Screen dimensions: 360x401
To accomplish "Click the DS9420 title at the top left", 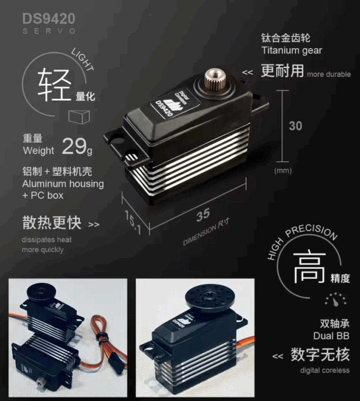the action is (49, 19).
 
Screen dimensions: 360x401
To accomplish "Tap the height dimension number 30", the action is (295, 126).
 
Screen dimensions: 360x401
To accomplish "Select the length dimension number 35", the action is (203, 215).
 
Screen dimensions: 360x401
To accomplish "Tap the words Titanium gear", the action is (292, 51).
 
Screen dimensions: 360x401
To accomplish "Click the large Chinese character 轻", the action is (54, 85).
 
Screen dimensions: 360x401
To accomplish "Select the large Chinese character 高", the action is (309, 267).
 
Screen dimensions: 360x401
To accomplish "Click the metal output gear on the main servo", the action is (214, 79).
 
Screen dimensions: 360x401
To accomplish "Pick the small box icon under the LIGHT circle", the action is (79, 117).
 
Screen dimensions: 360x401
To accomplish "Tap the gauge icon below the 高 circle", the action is (335, 300).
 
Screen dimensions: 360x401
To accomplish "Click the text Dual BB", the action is (331, 336).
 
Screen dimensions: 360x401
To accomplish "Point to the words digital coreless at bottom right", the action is (325, 370).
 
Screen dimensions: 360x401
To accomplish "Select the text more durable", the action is (329, 74).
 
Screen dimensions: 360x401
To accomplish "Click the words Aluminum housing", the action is (63, 184).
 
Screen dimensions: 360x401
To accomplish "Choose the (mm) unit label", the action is (283, 171).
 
